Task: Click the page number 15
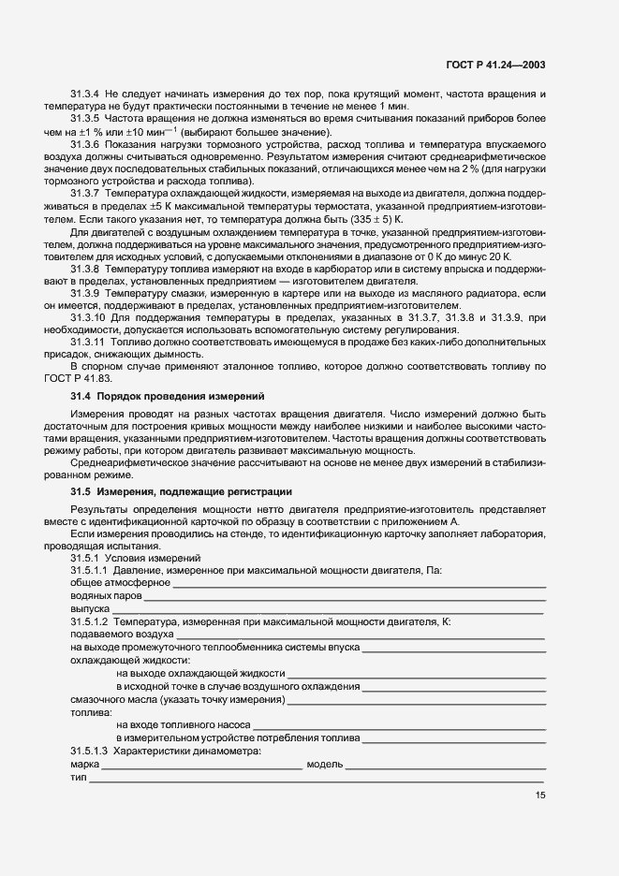click(x=540, y=796)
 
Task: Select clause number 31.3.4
click(x=85, y=95)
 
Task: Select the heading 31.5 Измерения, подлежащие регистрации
click(x=181, y=491)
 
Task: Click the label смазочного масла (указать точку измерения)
click(x=178, y=699)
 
